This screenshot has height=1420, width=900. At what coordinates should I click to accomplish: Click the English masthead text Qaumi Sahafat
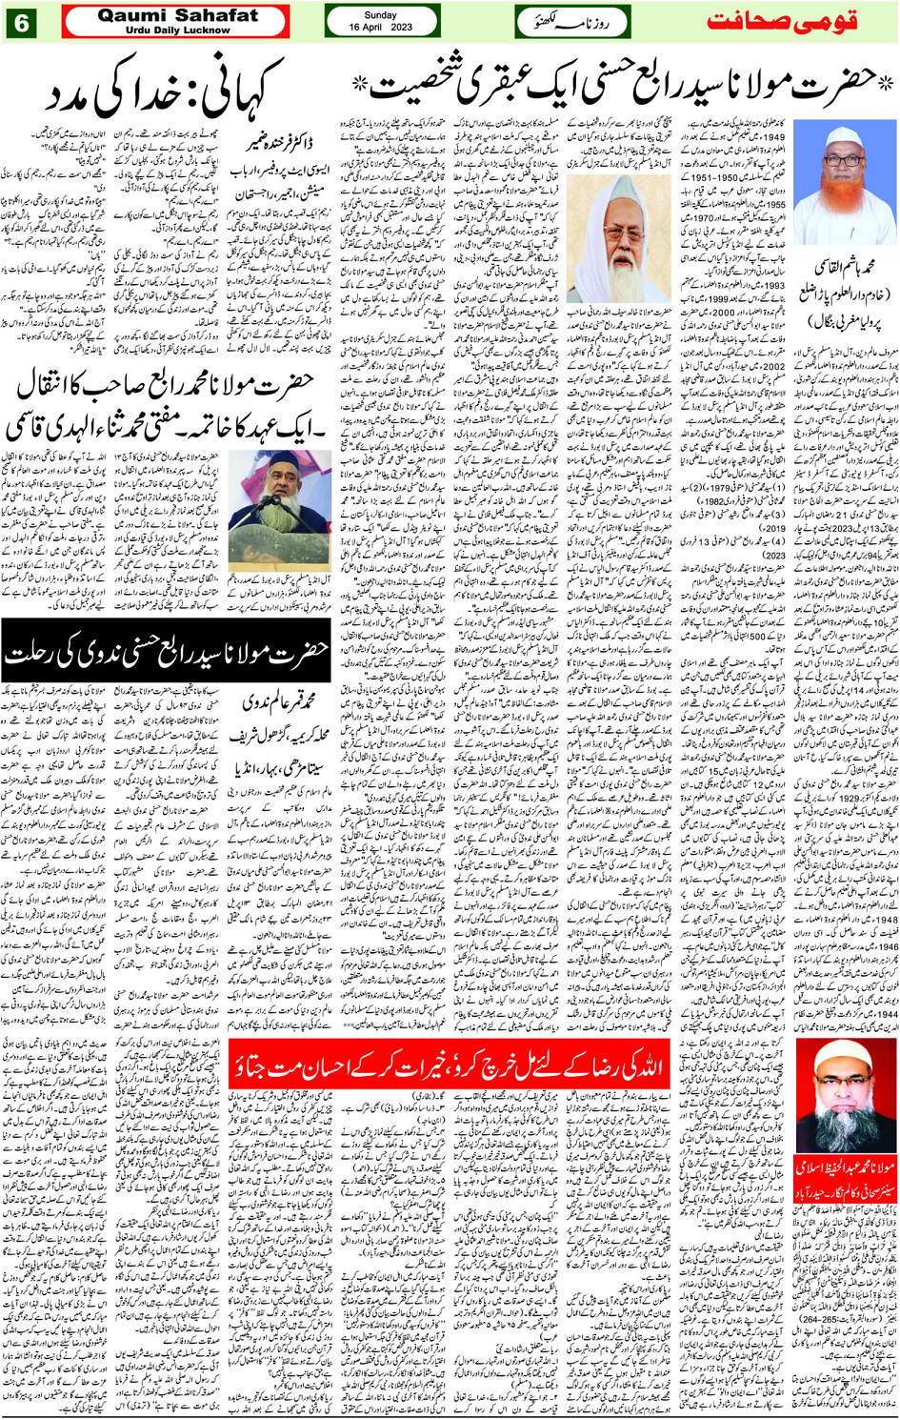(x=177, y=15)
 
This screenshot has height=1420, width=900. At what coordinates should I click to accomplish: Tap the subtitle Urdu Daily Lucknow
(x=177, y=30)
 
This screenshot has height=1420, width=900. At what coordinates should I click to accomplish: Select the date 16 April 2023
(x=380, y=28)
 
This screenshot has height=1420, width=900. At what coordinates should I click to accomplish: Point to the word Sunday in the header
(x=380, y=15)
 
